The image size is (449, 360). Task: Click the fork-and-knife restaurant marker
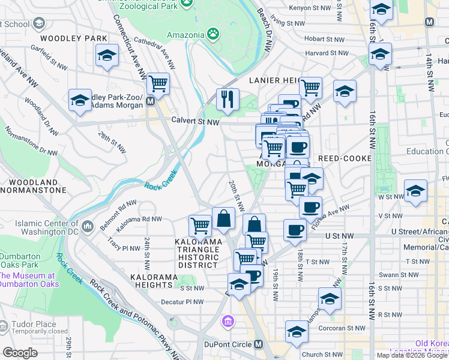tap(228, 99)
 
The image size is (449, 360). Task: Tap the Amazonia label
tap(185, 35)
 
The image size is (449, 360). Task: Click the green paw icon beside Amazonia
tap(212, 33)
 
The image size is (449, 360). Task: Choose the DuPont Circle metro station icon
tap(258, 344)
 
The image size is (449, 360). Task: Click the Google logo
tap(20, 352)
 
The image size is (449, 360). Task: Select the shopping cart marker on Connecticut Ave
tap(158, 84)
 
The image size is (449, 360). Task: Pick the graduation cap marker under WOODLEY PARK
tap(107, 56)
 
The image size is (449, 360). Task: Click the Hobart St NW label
tap(324, 39)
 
